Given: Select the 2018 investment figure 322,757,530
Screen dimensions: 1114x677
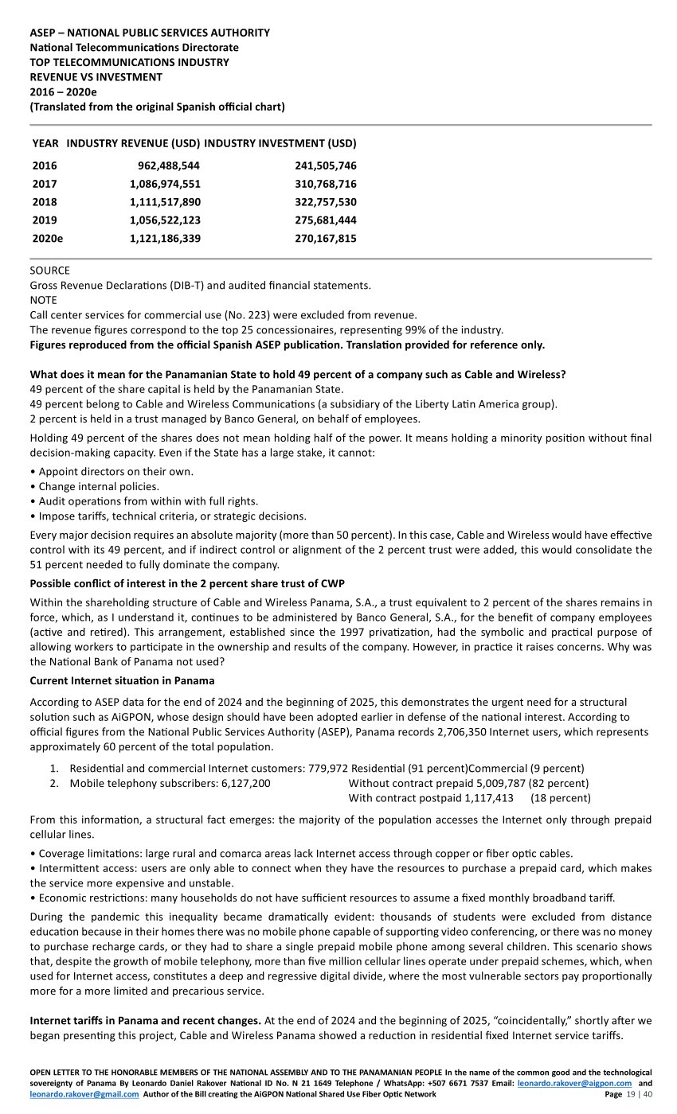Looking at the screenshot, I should coord(325,202).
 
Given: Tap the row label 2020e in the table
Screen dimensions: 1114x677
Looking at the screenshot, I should coord(48,239).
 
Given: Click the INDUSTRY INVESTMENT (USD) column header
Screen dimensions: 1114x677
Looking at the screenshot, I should coord(280,144).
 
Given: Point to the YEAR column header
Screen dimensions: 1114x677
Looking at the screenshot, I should coord(45,144).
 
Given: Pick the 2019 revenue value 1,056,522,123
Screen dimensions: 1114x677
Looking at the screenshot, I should coord(164,220).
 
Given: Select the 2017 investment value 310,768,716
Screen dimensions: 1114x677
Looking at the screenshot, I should coord(325,185).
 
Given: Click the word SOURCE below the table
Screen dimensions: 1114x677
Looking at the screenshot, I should coord(49,271).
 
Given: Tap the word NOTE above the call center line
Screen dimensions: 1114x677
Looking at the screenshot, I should coord(43,300).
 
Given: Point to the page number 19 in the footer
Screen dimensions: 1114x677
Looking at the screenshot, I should coord(632,1094).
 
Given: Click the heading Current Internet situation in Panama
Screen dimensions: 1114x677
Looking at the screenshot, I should coord(122,681).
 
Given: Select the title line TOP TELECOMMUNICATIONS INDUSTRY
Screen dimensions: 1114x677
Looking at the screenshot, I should coord(129,62).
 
